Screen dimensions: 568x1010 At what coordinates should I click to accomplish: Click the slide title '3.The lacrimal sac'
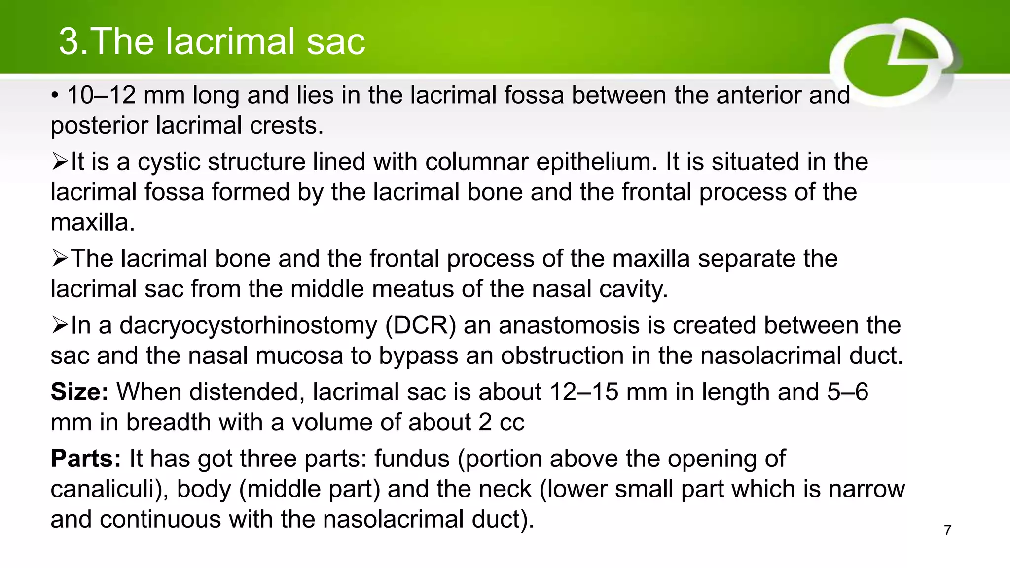pyautogui.click(x=212, y=41)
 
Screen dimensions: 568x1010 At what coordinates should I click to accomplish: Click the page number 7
pyautogui.click(x=947, y=531)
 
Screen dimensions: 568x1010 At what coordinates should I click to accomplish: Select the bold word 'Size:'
pyautogui.click(x=79, y=392)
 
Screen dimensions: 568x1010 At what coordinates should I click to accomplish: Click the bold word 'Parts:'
pyautogui.click(x=86, y=459)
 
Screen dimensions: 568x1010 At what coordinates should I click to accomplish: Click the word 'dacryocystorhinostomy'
pyautogui.click(x=248, y=326)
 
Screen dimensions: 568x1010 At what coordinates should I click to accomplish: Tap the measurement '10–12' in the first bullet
pyautogui.click(x=101, y=95)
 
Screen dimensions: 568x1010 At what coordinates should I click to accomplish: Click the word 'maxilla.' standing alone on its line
pyautogui.click(x=93, y=223)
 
